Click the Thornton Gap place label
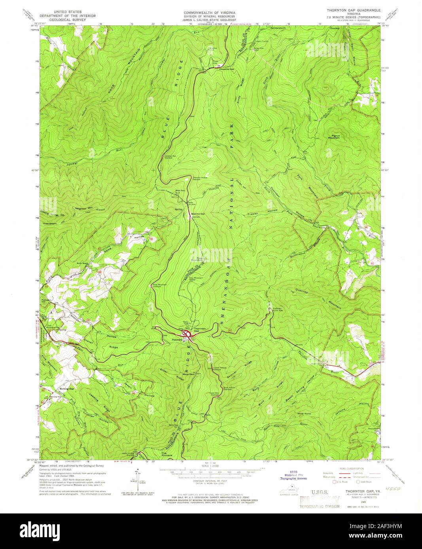point(200,330)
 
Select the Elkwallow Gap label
point(227,69)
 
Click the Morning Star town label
point(66,389)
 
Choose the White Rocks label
point(305,414)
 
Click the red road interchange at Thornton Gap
point(186,335)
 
